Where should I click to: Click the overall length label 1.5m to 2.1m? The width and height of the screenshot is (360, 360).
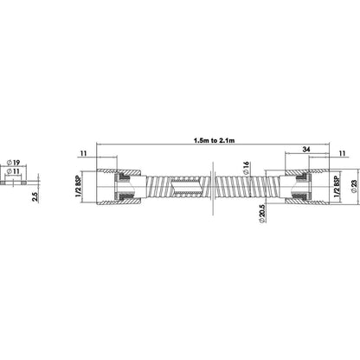tap(214, 140)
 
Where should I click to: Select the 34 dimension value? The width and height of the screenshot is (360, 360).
tap(306, 149)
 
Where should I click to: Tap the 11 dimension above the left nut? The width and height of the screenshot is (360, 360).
tap(84, 153)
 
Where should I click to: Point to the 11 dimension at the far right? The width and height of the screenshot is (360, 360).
tap(342, 153)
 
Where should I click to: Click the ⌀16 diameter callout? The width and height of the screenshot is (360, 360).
tap(246, 168)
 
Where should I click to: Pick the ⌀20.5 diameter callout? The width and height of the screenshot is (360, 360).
tap(262, 214)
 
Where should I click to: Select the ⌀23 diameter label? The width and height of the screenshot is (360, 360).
tap(354, 187)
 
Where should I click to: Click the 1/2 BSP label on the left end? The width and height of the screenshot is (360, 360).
tap(78, 186)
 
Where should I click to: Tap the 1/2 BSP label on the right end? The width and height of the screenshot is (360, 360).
tap(337, 186)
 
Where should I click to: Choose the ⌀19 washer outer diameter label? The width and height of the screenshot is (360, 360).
tap(13, 163)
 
